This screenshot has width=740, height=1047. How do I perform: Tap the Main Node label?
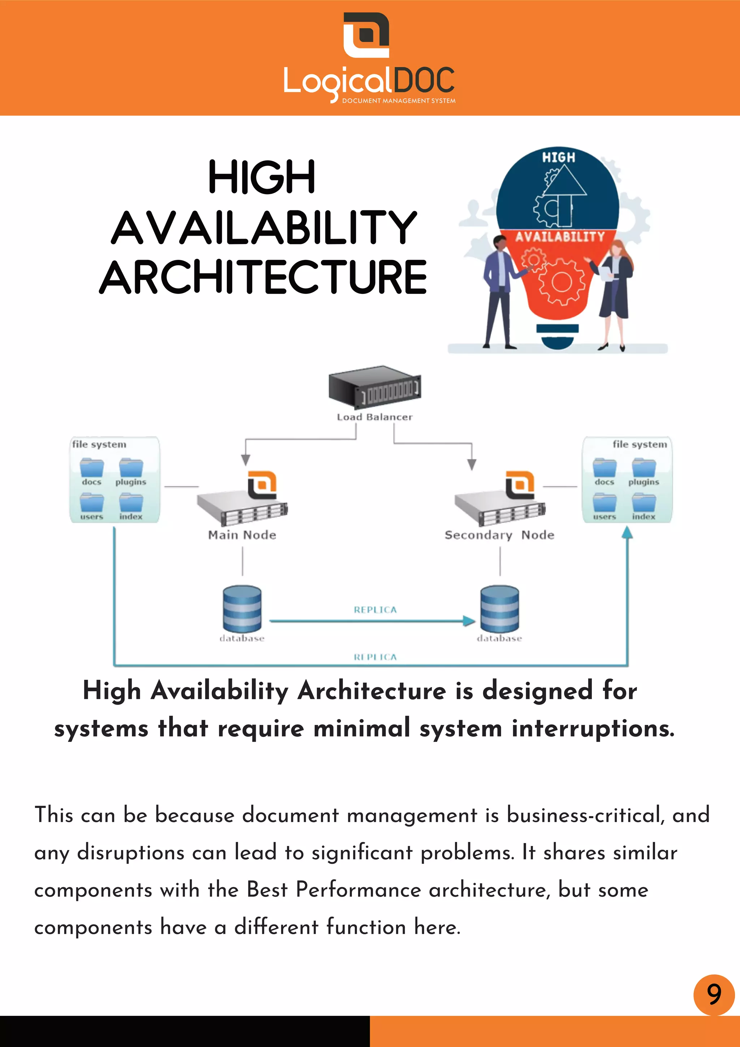coord(242,535)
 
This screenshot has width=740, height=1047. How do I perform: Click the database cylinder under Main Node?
coord(242,609)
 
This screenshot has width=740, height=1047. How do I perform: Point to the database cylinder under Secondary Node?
coord(499,609)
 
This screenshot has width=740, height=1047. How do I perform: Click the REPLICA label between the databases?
coord(375,610)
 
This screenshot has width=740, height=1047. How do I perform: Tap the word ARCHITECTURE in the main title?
coord(263,277)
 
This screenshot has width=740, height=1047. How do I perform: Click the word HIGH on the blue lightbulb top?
coord(558,157)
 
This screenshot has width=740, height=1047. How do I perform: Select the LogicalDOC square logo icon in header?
coord(366,35)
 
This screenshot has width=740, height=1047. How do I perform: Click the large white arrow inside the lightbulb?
coord(564,192)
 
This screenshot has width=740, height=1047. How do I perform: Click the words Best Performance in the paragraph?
coord(334,889)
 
